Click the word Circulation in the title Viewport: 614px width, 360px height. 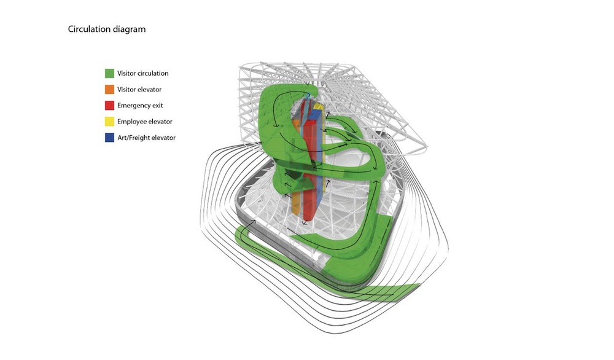(89, 29)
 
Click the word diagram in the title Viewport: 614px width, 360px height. (130, 29)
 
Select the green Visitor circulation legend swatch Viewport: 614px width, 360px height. (109, 73)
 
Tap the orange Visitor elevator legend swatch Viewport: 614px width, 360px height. (109, 89)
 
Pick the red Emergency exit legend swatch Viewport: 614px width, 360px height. (109, 106)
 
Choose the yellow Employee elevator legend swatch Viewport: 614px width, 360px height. (109, 122)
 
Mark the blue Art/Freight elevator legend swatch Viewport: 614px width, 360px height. (109, 138)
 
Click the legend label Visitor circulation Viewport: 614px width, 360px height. (143, 73)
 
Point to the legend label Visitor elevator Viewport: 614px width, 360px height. (139, 89)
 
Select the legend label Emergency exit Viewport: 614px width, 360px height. (140, 106)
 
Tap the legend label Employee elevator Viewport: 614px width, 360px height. (145, 122)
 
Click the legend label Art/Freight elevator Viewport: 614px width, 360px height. (147, 138)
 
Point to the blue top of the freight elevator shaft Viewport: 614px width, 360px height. (314, 114)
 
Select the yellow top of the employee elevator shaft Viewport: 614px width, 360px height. (319, 106)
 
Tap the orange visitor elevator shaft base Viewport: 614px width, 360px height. (297, 204)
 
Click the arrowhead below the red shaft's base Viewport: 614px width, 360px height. (305, 223)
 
